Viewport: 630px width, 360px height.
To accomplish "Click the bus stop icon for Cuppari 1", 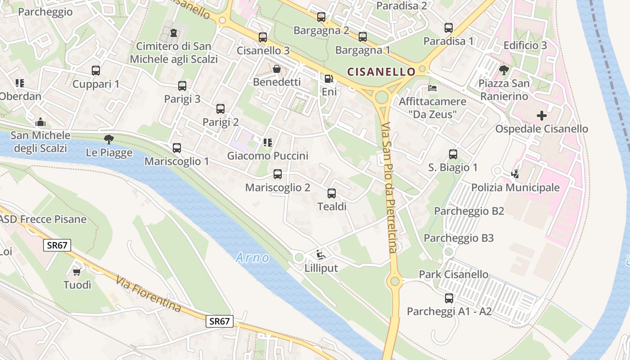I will tap(96, 71).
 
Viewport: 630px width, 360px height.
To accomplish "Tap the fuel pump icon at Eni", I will tap(329, 79).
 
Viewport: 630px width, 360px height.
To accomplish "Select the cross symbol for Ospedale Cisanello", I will tap(542, 116).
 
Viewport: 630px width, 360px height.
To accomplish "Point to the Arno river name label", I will tap(252, 258).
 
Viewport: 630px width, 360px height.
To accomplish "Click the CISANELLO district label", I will tap(381, 72).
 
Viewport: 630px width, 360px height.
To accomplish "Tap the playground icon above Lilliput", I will tap(320, 255).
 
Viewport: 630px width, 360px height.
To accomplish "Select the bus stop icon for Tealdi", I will tap(332, 193).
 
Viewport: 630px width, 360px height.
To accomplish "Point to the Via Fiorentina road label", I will tap(148, 295).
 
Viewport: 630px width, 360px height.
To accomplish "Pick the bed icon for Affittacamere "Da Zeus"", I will tap(432, 88).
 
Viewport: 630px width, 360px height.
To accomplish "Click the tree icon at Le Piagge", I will tap(108, 139).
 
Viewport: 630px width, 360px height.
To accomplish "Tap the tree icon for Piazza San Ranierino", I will tap(504, 70).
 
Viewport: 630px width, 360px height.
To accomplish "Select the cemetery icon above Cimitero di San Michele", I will tap(174, 33).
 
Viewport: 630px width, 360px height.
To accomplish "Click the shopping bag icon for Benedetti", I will tap(276, 69).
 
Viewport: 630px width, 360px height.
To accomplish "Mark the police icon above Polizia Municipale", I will tap(515, 174).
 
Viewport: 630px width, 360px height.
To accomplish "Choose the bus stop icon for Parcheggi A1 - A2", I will tap(449, 298).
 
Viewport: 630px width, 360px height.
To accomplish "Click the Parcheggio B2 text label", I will tap(469, 211).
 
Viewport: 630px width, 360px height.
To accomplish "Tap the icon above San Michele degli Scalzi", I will tap(40, 122).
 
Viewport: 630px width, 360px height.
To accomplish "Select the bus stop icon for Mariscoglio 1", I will tap(177, 148).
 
